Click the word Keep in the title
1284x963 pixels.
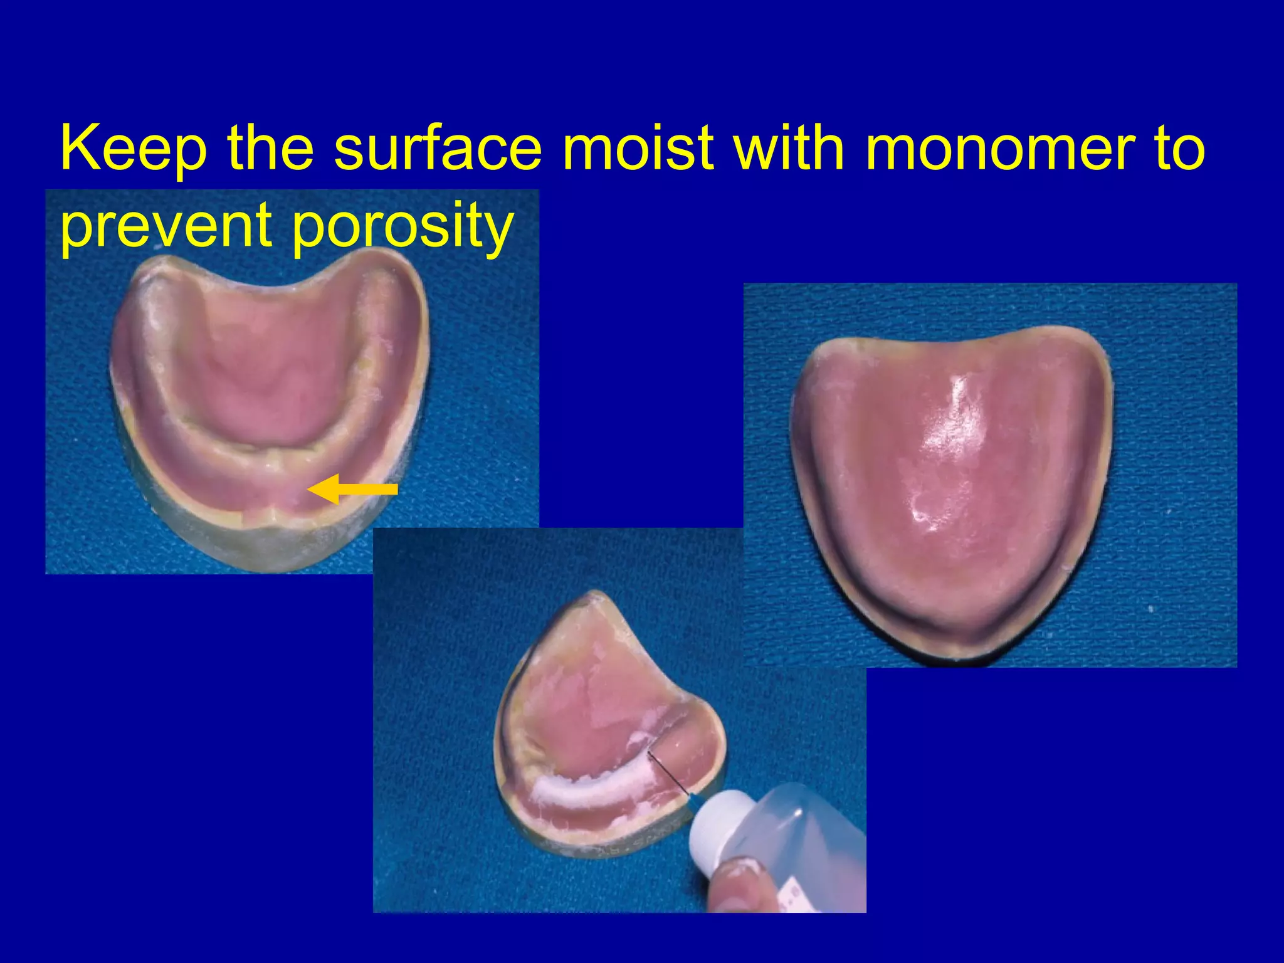click(133, 149)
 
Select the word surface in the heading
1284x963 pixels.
click(438, 149)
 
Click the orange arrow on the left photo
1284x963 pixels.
click(353, 489)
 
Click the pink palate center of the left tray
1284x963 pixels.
click(270, 376)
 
